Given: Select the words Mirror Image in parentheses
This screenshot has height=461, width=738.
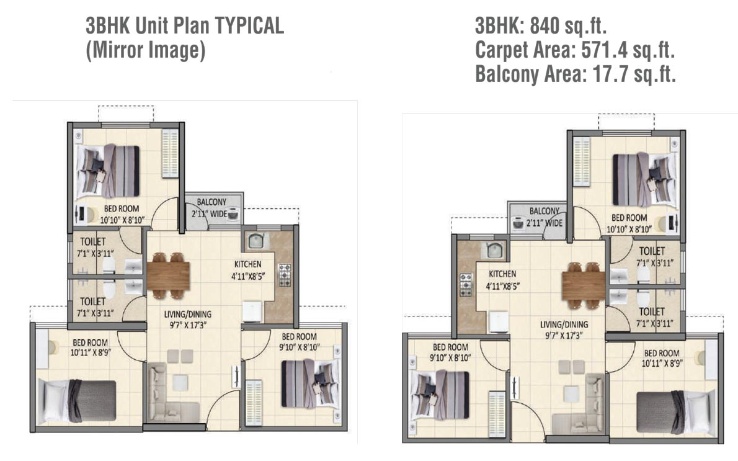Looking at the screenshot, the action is point(146,50).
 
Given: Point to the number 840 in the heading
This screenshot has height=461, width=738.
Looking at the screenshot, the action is point(544,26).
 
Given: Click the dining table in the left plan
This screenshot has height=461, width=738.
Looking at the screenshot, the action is point(168,276).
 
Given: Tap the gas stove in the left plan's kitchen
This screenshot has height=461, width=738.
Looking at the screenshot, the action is point(285,275).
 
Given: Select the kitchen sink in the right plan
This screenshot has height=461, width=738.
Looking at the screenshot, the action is point(493,250).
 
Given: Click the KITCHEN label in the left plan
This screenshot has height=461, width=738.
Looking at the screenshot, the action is point(247,264).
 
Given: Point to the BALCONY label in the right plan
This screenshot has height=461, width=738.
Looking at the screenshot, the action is point(545,211).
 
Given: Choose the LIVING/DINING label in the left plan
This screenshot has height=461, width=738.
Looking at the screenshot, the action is point(187,314).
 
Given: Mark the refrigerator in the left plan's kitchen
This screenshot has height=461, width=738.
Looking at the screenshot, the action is point(252,311).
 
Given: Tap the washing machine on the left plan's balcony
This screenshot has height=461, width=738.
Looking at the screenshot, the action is point(233,214).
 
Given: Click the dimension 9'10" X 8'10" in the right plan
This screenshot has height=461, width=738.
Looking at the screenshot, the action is point(450,358).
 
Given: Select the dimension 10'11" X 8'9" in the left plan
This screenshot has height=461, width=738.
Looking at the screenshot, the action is point(91,352).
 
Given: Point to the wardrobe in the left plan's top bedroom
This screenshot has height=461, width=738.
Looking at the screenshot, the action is point(170,153).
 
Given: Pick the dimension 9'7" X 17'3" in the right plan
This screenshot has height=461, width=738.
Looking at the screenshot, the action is point(564,335).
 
